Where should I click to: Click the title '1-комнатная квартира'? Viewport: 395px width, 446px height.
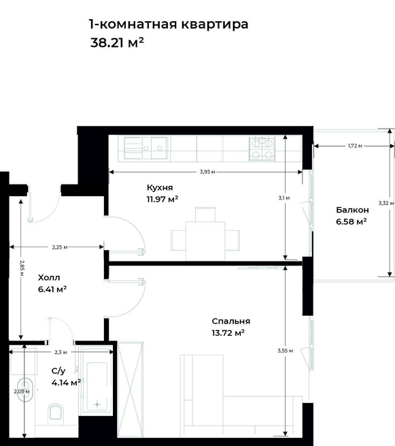(169, 25)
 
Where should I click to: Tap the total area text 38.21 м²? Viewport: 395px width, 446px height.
(117, 43)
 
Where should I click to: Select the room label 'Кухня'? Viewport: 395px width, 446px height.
(160, 187)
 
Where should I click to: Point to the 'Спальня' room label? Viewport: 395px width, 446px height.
(231, 321)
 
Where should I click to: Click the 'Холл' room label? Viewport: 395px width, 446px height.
(49, 278)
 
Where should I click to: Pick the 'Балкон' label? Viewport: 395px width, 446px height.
(352, 210)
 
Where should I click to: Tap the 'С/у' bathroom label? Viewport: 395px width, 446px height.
(58, 371)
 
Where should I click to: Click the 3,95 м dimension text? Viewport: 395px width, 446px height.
(207, 172)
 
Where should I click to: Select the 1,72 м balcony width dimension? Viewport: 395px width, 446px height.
(355, 146)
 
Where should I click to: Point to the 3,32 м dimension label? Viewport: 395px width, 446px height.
(386, 203)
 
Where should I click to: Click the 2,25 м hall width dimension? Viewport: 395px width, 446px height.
(60, 247)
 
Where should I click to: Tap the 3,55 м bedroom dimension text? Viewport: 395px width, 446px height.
(285, 351)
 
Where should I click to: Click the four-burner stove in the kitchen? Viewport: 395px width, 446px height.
(262, 148)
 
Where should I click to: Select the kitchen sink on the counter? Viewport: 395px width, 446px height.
(146, 148)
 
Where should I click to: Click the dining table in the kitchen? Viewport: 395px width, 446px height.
(205, 241)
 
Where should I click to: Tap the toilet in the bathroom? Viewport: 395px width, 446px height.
(55, 412)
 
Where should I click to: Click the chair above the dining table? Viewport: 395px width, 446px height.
(205, 214)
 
